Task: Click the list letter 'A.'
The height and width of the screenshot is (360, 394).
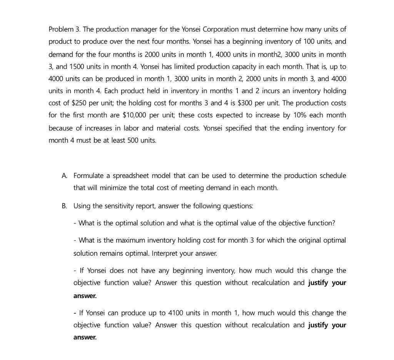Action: point(64,176)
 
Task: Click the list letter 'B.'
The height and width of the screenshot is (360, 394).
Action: point(64,206)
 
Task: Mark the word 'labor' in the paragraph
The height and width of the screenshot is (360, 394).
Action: point(133,128)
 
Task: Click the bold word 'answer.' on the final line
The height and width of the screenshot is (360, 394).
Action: point(85,337)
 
